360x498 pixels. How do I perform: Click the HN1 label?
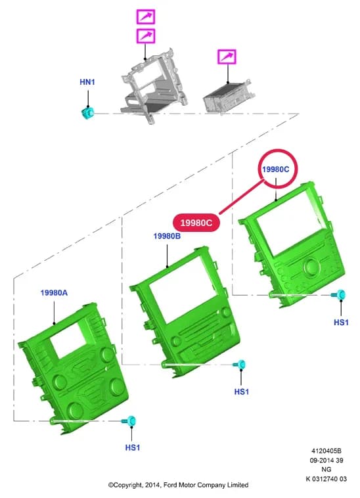pos(87,82)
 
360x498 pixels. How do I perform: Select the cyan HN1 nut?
pos(87,113)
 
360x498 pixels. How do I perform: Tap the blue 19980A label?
pos(54,292)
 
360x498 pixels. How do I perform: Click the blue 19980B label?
pos(167,236)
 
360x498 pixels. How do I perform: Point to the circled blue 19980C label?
pos(275,170)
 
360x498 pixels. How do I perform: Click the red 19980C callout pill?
pos(196,223)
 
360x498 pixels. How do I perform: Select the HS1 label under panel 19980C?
pos(341,323)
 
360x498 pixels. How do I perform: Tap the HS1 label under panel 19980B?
pos(242,392)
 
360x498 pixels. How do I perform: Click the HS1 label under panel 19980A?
pos(133,447)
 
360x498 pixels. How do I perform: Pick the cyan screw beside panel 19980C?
pos(339,295)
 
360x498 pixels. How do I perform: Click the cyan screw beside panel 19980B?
pos(239,364)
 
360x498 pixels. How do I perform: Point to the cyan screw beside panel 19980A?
pos(129,421)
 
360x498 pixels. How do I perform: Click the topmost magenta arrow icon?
pos(146,17)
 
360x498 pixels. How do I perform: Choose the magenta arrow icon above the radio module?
pos(227,57)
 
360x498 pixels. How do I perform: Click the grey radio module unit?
pos(227,97)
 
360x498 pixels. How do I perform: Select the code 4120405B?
pos(326,451)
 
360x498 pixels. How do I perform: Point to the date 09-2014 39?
pos(326,460)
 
